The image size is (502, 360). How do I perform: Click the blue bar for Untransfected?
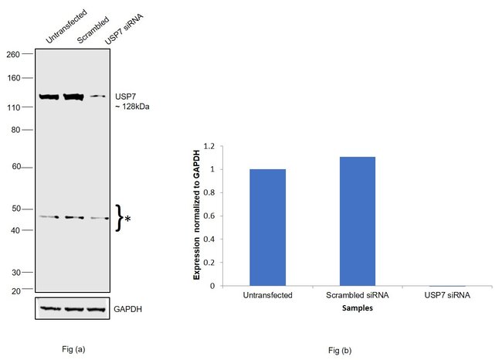267,227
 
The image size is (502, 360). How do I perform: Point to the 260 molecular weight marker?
13,54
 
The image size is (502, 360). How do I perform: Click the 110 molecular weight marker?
13,107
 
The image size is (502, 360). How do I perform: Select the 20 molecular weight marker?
15,290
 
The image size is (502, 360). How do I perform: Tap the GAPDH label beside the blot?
127,310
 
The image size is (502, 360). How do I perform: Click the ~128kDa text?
131,107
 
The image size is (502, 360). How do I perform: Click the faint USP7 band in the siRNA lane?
97,97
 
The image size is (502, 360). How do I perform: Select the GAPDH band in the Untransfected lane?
49,309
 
